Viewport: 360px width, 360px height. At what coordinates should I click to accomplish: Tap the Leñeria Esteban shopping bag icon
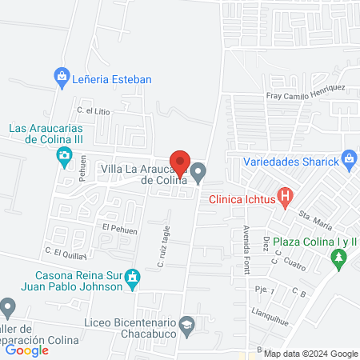click(61, 78)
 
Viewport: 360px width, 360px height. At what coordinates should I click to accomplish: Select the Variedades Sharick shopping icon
click(349, 159)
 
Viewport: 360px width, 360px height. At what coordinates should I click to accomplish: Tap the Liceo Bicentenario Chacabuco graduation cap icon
click(187, 324)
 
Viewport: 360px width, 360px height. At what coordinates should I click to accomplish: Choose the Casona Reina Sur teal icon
click(134, 281)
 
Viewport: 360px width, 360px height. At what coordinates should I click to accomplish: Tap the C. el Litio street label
click(93, 110)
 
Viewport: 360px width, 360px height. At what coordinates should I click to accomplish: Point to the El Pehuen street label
click(120, 228)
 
